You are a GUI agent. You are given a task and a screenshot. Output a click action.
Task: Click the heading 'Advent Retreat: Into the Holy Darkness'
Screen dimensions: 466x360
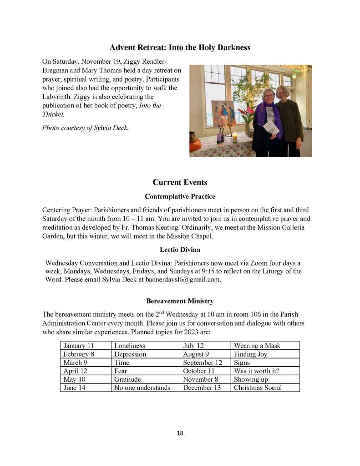[180, 47]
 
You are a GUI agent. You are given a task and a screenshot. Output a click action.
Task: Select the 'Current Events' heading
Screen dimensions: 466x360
[180, 182]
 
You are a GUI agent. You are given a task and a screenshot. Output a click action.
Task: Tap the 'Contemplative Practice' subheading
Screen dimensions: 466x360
[180, 197]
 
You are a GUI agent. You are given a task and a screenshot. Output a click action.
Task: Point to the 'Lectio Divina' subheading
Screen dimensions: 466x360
[180, 250]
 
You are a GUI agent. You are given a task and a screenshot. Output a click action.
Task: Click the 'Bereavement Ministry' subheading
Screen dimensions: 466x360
[180, 301]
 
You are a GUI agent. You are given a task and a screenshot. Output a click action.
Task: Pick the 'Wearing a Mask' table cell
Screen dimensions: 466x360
[257, 345]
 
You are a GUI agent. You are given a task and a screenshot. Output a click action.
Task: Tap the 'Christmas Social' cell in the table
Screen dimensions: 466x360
[258, 388]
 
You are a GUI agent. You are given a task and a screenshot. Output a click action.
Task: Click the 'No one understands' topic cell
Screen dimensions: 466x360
[142, 388]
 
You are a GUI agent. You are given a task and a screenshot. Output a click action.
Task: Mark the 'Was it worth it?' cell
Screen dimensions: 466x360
[256, 371]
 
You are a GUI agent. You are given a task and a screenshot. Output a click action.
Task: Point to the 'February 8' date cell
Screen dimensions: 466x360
[79, 354]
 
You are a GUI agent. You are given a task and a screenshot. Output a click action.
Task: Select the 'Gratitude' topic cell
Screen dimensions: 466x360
[127, 379]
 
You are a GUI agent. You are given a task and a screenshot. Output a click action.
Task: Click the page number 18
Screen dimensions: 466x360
[180, 433]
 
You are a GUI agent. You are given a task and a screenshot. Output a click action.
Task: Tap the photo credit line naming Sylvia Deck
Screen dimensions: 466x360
[86, 128]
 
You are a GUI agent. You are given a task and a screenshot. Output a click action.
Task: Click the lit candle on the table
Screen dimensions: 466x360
[235, 138]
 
